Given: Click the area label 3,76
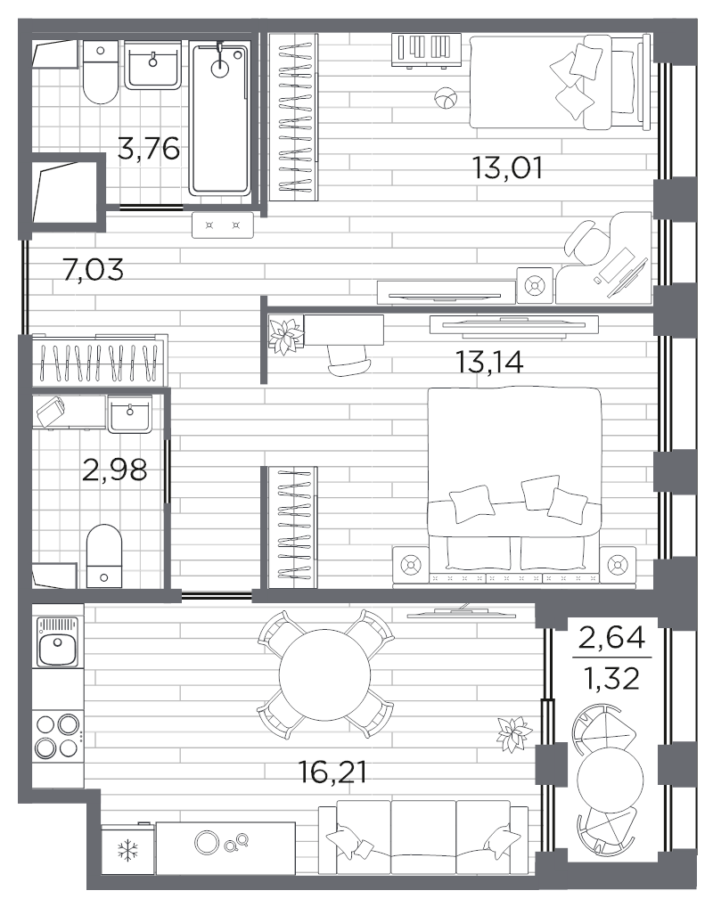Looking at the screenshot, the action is pos(149,149).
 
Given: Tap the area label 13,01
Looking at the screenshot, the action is pos(507,168).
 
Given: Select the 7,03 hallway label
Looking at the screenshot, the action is pos(93,269).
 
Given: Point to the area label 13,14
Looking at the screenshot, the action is pos(489,363).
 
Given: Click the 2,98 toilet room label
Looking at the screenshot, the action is pos(115,470).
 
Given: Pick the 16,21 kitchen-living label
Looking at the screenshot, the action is pos(332,772).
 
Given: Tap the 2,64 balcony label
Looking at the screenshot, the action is pos(612,639).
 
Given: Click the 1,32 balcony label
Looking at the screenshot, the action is pos(612,677).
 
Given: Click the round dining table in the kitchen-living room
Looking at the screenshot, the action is pos(324,674).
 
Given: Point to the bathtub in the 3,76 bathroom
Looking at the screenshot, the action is pos(220,118).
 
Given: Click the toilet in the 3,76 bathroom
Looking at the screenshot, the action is pos(100,72).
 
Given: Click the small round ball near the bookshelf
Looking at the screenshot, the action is pos(445,97).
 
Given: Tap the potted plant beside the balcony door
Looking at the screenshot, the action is pos(514,733).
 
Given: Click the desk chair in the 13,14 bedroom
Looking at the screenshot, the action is pos(350,360).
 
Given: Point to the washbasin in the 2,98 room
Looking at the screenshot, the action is pos(129,413).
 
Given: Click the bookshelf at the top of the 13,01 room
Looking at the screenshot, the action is pos(427,50).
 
